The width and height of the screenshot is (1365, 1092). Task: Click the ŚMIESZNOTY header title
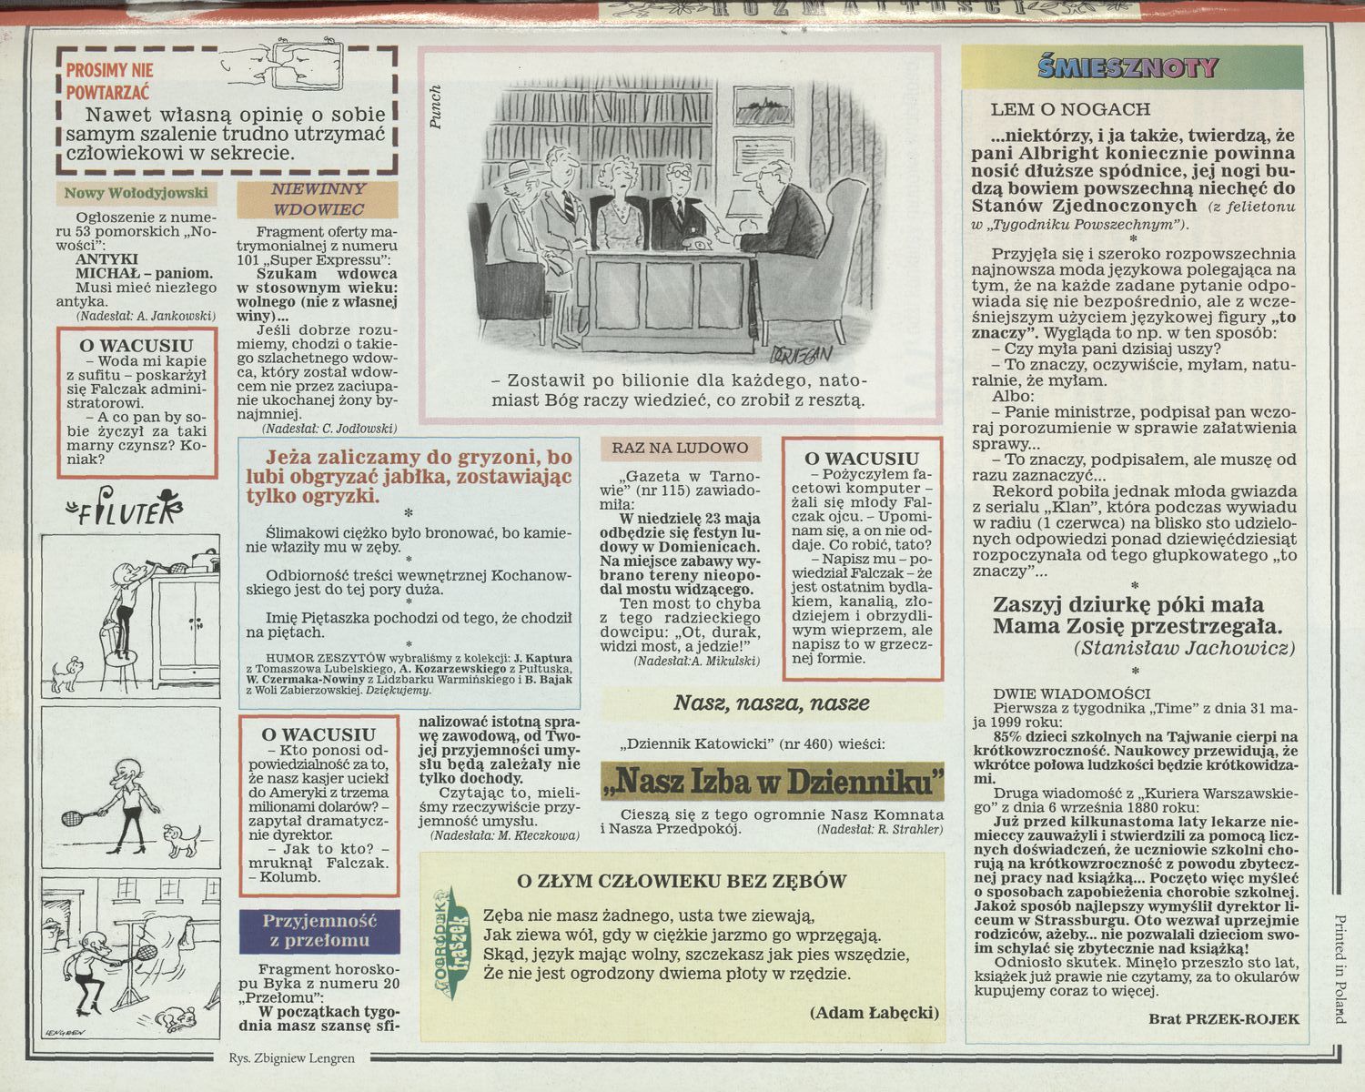pos(1127,67)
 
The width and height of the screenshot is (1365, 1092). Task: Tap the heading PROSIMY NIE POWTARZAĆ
pos(109,81)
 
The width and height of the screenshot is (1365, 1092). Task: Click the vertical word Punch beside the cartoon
pos(434,107)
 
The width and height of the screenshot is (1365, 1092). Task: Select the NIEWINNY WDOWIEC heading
pos(318,199)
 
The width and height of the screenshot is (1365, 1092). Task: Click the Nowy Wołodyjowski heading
pos(136,194)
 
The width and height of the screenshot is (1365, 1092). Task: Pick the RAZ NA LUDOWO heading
pos(680,448)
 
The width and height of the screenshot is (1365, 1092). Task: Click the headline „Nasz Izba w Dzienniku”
pos(772,781)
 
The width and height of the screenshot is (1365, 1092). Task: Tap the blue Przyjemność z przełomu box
pos(319,932)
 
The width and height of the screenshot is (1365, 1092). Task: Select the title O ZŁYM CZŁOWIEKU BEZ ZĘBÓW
pos(682,882)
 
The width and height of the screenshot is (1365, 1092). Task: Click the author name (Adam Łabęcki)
pos(875,1013)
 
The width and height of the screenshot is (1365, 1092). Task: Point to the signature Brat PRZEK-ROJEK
pos(1224,1019)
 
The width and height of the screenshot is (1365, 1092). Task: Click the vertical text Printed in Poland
pos(1340,968)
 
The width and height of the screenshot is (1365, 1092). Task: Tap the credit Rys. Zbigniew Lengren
pos(292,1058)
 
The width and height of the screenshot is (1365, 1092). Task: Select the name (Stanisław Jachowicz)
pos(1184,649)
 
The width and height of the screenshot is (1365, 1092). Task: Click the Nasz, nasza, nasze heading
pos(772,703)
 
